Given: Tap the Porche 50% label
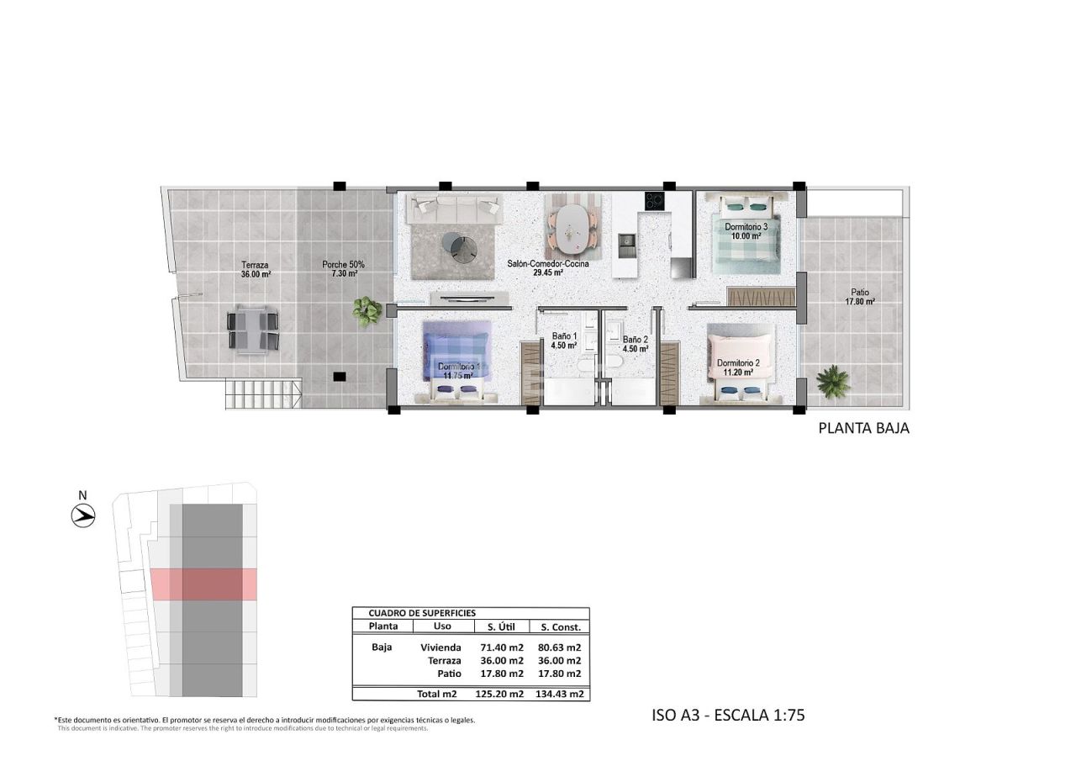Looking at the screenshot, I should (343, 269).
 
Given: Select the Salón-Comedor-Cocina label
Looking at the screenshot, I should (547, 267).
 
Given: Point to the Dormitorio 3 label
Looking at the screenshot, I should (746, 231).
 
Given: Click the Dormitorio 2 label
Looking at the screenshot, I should (738, 367).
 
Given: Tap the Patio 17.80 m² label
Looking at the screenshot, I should (859, 297).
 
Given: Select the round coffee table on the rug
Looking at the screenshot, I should (462, 246).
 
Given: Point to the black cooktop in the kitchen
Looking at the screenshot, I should (654, 202).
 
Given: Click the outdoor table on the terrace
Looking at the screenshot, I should (252, 330).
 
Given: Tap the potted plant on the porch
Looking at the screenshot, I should (367, 311).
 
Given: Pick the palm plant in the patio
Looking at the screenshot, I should (833, 382).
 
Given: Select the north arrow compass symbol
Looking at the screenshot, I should (83, 515).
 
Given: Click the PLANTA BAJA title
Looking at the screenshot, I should (863, 428).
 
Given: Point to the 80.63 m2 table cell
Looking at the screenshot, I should (559, 647).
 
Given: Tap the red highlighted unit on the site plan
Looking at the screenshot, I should (203, 584).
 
